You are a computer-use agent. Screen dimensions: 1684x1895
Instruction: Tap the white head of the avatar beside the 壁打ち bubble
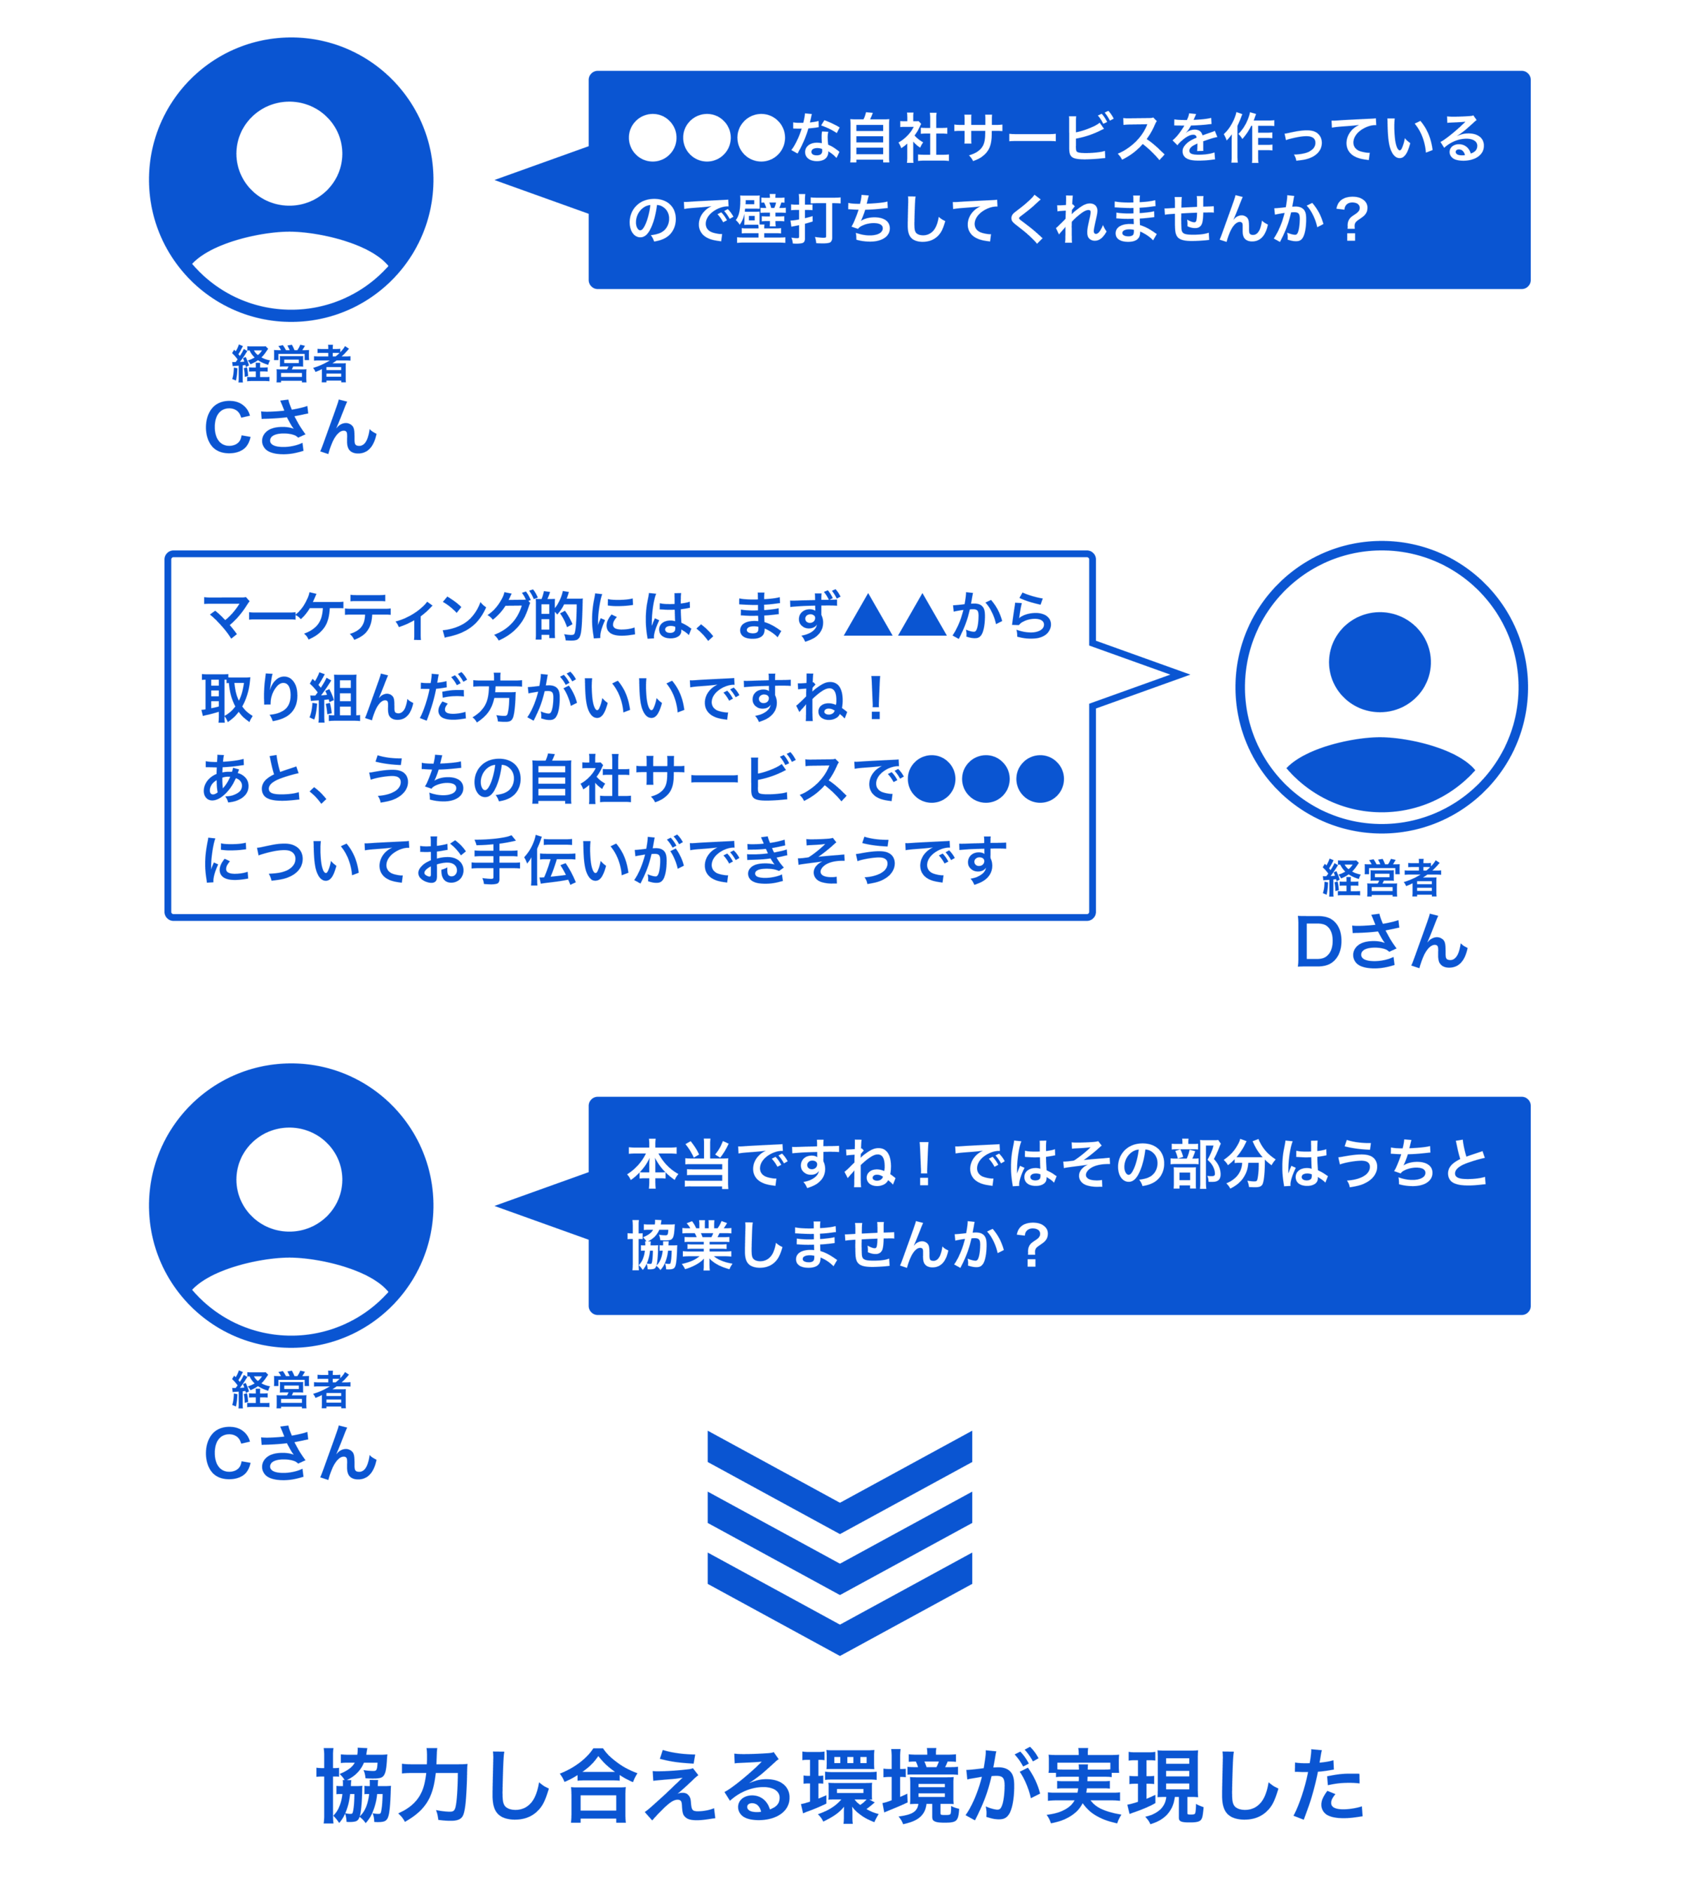tap(289, 154)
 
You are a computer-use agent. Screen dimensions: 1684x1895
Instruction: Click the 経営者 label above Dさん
tap(1381, 878)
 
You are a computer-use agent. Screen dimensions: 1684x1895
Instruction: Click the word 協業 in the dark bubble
tap(681, 1245)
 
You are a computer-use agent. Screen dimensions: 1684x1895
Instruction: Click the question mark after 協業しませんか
tap(1031, 1245)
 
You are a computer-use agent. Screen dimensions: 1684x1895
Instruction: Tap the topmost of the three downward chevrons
tap(840, 1481)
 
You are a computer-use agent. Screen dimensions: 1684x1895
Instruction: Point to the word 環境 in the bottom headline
tap(880, 1788)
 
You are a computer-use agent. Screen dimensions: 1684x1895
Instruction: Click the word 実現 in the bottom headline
tap(1124, 1788)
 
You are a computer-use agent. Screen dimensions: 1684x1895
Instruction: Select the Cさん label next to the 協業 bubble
tap(290, 1454)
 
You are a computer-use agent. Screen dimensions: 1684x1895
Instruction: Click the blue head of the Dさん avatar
tap(1379, 662)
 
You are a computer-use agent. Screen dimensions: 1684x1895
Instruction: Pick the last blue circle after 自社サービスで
tap(1040, 779)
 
